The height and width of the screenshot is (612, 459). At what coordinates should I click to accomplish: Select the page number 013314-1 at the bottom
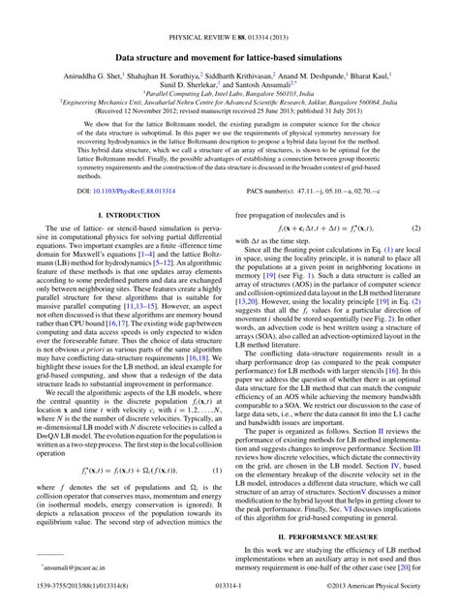229,601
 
